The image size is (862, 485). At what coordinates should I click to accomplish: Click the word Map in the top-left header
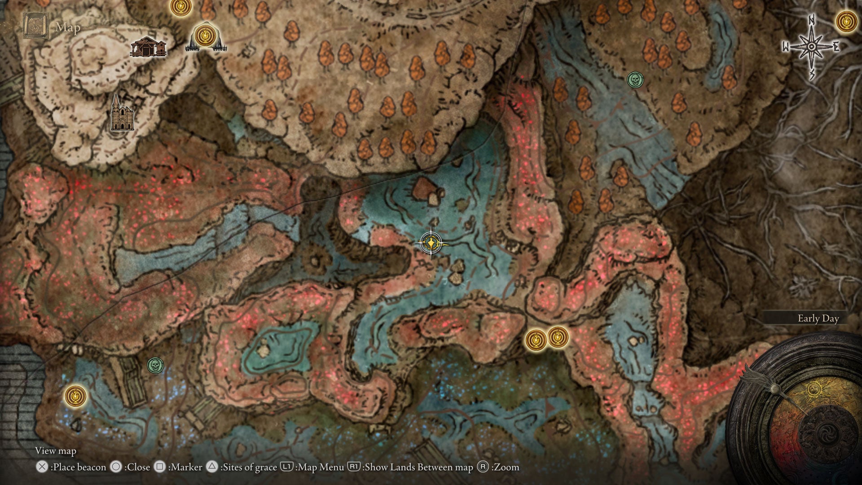(68, 27)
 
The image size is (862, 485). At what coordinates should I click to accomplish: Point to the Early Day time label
(818, 318)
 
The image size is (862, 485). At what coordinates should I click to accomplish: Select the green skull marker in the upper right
(635, 80)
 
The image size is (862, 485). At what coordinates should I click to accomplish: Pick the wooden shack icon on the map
(148, 48)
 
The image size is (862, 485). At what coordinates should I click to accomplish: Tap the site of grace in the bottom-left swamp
(75, 396)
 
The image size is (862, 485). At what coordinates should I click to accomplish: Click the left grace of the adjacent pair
(536, 339)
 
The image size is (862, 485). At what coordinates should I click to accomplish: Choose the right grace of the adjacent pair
(558, 336)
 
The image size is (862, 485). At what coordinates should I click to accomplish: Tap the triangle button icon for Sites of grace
(212, 467)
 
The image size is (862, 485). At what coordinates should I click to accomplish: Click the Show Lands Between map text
(418, 467)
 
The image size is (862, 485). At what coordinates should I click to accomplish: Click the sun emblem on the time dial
(814, 389)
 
